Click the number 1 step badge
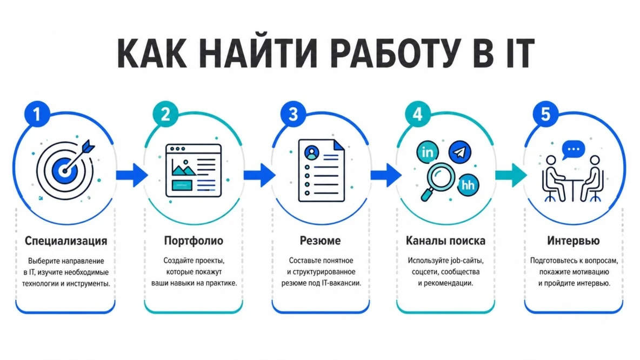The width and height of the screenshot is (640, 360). pyautogui.click(x=37, y=114)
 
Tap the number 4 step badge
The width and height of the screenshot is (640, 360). pyautogui.click(x=417, y=114)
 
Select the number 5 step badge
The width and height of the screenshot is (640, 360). pyautogui.click(x=546, y=114)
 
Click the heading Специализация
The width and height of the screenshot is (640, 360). pyautogui.click(x=66, y=241)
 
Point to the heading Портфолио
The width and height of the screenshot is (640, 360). pyautogui.click(x=194, y=241)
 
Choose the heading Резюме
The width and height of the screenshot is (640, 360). pyautogui.click(x=320, y=241)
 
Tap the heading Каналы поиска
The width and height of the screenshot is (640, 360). pyautogui.click(x=445, y=241)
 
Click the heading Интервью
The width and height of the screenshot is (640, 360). pyautogui.click(x=573, y=241)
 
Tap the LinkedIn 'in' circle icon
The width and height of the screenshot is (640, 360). pyautogui.click(x=428, y=152)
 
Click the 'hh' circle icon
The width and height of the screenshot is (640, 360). pyautogui.click(x=468, y=185)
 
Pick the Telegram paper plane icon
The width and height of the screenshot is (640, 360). pyautogui.click(x=459, y=152)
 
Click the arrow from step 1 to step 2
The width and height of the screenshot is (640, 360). pyautogui.click(x=131, y=175)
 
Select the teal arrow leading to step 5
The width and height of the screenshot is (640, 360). pyautogui.click(x=511, y=175)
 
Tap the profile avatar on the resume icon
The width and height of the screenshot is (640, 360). pyautogui.click(x=312, y=153)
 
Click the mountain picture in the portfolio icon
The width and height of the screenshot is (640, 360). pyautogui.click(x=184, y=168)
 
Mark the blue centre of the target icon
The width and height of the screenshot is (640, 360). pyautogui.click(x=64, y=171)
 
